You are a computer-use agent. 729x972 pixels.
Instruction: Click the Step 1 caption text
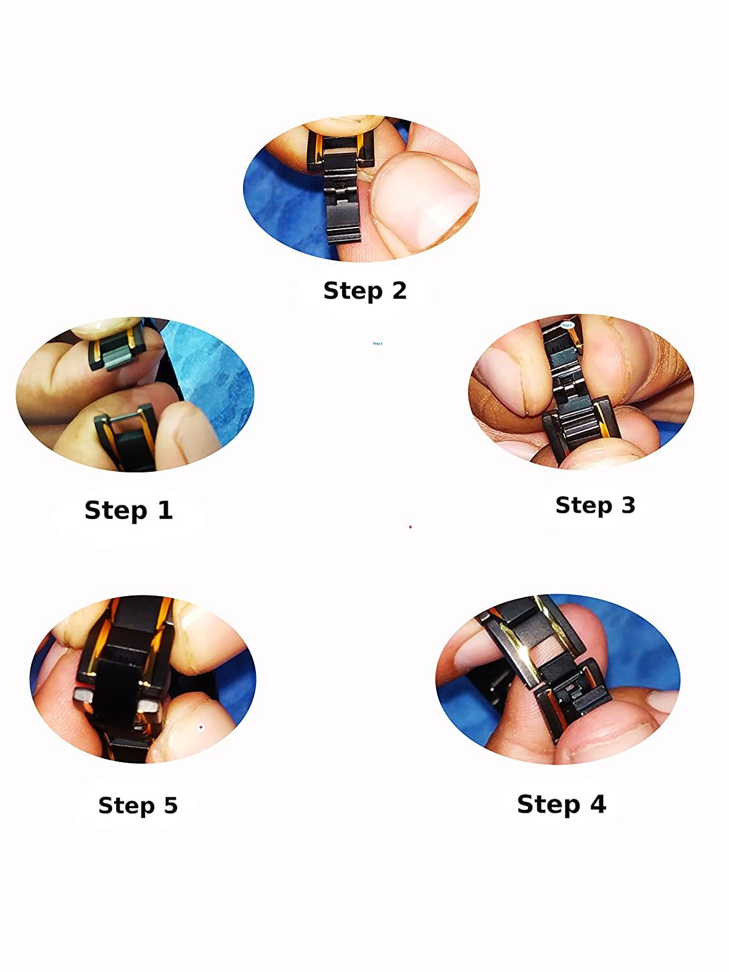[128, 510]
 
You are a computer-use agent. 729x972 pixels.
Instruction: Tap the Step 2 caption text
[365, 290]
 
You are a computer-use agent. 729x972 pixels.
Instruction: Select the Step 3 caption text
[595, 505]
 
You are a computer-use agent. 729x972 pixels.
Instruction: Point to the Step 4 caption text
[561, 804]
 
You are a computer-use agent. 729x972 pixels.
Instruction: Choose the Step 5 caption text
[137, 805]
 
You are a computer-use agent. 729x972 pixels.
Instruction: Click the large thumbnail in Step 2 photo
[424, 201]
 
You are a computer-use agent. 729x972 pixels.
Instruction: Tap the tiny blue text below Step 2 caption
[378, 343]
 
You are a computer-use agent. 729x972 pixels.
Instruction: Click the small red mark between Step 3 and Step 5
[410, 527]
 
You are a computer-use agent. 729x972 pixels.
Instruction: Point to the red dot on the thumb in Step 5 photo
[201, 728]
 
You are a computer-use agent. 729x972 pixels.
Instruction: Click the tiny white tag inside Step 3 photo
[567, 325]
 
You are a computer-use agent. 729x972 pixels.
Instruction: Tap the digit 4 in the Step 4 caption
[596, 804]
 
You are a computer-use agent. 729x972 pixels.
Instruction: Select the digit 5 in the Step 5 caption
[170, 805]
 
